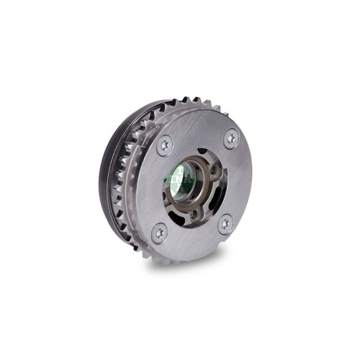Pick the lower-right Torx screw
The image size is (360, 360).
[225, 224]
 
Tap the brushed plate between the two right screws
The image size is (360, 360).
[238, 180]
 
